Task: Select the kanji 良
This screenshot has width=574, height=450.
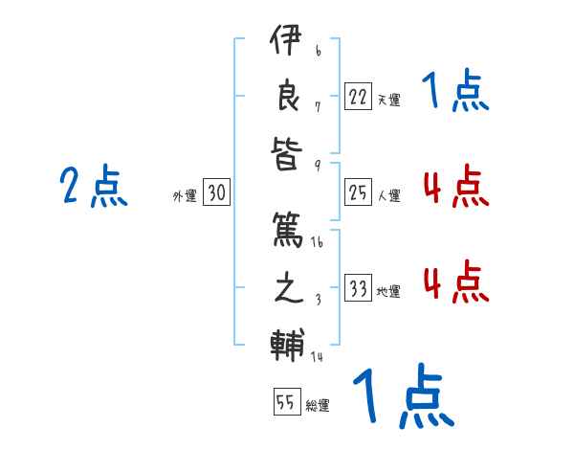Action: tap(287, 96)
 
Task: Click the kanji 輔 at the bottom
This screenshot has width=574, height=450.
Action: tap(287, 344)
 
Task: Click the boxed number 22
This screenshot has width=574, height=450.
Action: tap(358, 96)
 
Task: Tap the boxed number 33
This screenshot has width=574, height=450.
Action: tap(358, 288)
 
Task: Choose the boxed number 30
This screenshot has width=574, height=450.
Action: tap(216, 193)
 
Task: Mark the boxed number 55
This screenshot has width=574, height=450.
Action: tap(286, 402)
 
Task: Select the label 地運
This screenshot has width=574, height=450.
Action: tap(388, 291)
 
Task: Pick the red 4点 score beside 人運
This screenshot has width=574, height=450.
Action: tap(455, 187)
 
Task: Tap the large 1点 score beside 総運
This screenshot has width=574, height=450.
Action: tap(403, 397)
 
